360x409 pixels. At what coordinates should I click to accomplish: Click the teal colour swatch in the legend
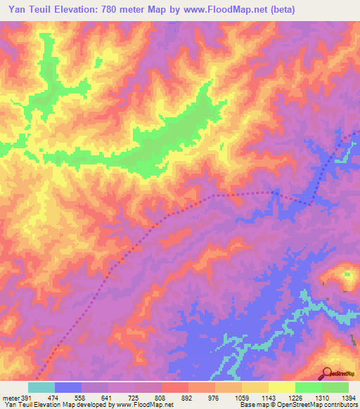41,387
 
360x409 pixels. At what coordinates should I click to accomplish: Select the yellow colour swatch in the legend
281,387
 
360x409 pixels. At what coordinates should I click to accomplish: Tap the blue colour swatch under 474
68,387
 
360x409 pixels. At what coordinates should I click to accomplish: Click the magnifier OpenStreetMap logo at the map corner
327,372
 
